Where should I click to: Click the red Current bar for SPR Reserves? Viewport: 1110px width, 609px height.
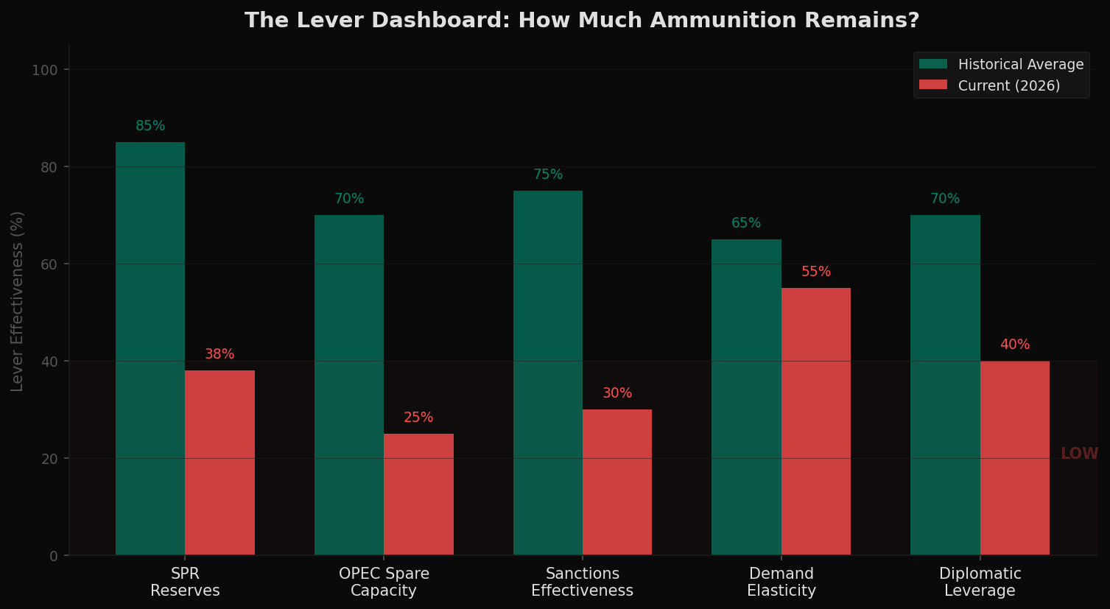coord(219,462)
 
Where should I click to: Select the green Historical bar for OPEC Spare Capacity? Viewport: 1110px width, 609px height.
coord(349,384)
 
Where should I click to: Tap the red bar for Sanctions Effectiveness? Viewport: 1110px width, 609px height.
coord(617,482)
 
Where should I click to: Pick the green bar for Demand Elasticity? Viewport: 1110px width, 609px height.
coord(746,397)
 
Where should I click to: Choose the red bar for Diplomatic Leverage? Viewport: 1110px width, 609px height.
coord(1014,457)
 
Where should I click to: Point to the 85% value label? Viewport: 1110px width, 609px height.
coord(150,126)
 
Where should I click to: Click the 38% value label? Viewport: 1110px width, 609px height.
coord(219,354)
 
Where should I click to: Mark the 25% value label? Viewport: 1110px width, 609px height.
coord(418,418)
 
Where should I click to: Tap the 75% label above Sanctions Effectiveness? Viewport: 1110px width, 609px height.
coord(548,175)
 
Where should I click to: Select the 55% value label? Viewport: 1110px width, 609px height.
coord(816,272)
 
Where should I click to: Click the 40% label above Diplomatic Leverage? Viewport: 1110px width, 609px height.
coord(1015,345)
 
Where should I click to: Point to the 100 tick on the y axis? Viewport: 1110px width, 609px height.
coord(45,70)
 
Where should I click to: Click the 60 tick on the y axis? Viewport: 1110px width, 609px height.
coord(49,264)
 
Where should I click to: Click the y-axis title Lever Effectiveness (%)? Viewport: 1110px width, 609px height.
coord(18,300)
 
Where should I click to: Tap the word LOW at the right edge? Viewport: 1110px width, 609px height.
coord(1079,454)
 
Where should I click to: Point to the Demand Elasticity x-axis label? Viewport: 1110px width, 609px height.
coord(781,582)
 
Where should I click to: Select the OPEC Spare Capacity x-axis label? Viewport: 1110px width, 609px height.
coord(384,582)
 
